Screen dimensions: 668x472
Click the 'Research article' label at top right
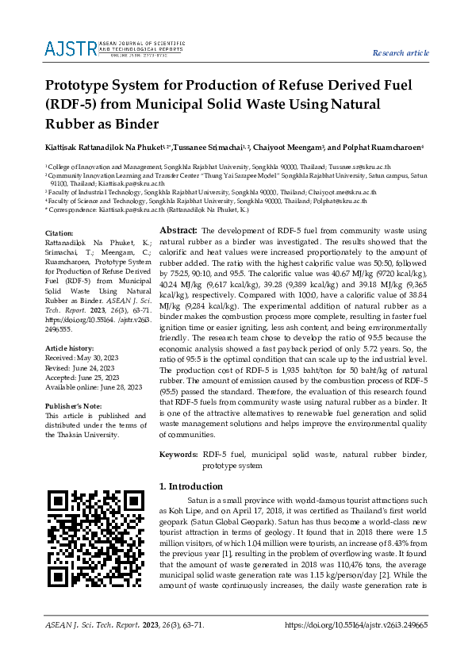[x=401, y=52]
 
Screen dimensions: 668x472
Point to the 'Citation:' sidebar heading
[x=60, y=232]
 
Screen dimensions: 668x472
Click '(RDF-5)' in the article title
[x=75, y=104]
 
